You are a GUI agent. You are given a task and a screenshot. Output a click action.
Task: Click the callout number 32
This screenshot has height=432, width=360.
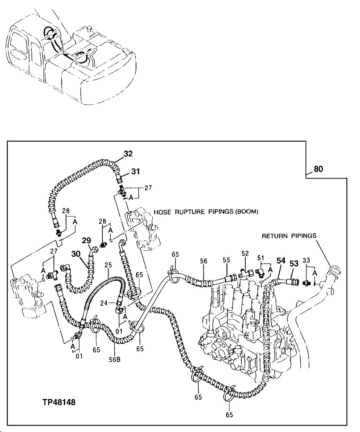click(128, 154)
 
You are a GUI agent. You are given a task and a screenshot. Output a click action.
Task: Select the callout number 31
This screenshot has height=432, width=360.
click(135, 172)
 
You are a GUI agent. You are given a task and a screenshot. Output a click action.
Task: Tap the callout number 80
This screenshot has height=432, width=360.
click(318, 169)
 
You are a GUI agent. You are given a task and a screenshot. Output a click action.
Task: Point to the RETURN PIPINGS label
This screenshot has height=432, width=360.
click(289, 236)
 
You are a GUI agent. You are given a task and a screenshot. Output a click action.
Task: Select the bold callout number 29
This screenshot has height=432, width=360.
click(86, 240)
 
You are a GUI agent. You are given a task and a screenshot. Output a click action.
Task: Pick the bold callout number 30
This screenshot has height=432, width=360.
click(76, 255)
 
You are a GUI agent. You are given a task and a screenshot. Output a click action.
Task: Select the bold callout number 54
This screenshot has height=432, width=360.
click(281, 260)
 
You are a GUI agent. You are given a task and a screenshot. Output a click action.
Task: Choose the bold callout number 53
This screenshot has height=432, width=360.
click(294, 264)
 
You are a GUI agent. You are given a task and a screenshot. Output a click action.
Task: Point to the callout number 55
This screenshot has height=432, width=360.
click(226, 260)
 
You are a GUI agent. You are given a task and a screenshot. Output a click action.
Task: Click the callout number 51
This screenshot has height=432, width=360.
click(261, 257)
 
